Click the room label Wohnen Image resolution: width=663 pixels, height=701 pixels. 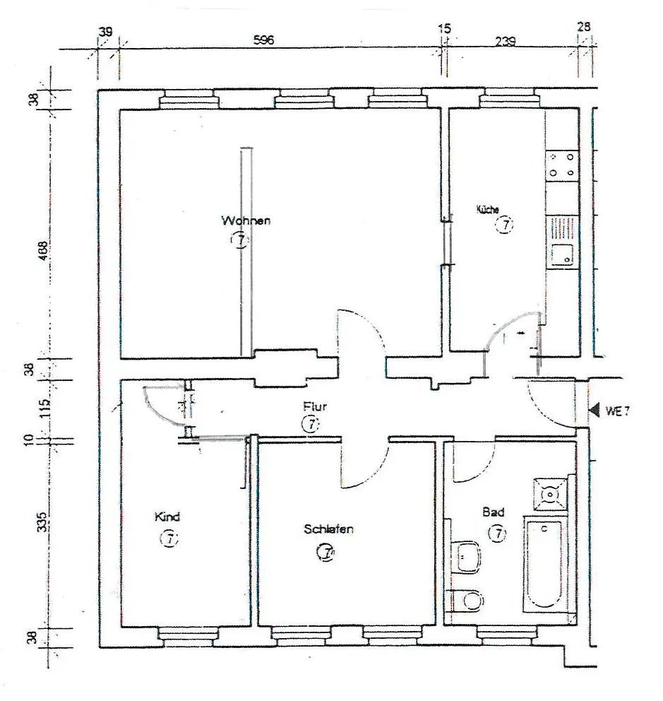tap(245, 220)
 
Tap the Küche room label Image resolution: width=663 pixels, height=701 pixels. tap(488, 210)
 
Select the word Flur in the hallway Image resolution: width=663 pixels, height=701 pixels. tap(314, 407)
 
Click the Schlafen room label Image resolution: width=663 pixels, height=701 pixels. tap(328, 529)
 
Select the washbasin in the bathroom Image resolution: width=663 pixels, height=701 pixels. tap(466, 557)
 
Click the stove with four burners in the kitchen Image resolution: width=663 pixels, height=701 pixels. tap(561, 165)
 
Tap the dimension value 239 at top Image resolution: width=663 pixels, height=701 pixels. tap(506, 41)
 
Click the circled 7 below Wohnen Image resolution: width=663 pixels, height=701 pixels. tap(240, 241)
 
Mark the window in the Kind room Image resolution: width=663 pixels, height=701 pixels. tap(186, 635)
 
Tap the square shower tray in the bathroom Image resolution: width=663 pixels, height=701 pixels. tap(549, 493)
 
